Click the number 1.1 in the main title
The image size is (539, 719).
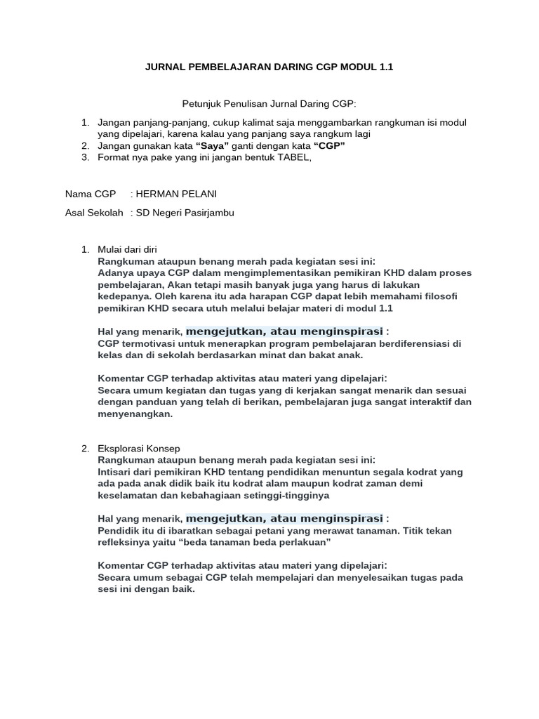click(x=385, y=67)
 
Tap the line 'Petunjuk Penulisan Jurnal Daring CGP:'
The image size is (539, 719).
click(x=269, y=104)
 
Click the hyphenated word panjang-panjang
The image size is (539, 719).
click(x=165, y=122)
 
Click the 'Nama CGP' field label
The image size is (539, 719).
click(x=91, y=194)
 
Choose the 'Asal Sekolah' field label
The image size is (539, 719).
click(x=94, y=212)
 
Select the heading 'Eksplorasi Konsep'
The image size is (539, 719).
click(x=138, y=448)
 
